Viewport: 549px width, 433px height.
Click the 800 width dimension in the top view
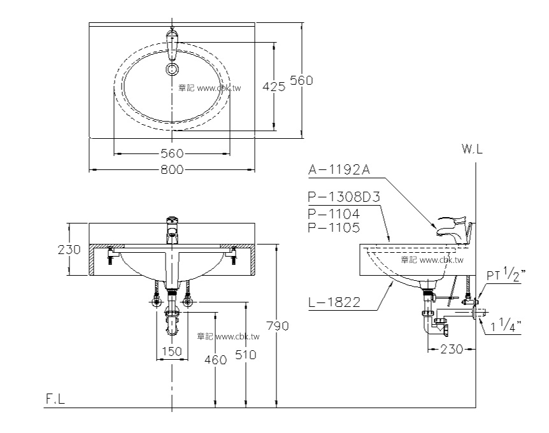(x=171, y=169)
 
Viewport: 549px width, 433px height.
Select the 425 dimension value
(x=274, y=87)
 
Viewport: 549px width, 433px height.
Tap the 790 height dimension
(x=277, y=325)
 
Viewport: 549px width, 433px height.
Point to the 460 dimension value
(x=216, y=360)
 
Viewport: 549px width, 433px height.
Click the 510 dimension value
(x=246, y=355)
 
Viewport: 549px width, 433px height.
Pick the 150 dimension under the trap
(x=171, y=350)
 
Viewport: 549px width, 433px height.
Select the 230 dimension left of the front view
(x=69, y=250)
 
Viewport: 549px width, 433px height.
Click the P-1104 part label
(x=333, y=213)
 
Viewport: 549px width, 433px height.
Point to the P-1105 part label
(x=333, y=227)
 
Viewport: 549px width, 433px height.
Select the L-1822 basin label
(x=334, y=303)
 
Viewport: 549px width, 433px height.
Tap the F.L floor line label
(x=54, y=399)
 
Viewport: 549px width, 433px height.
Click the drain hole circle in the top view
(x=172, y=68)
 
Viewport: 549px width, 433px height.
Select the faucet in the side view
(x=453, y=228)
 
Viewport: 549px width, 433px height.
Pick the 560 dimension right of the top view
(x=301, y=80)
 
